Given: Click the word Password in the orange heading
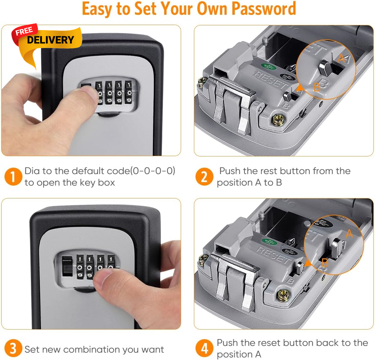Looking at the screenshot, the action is pos(264,9).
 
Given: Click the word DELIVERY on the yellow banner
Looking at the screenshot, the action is pos(51,40).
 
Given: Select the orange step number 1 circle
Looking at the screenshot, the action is pos(13,177).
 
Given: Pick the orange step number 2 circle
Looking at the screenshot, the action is pos(204,177).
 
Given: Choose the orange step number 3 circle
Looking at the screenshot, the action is pos(13,348).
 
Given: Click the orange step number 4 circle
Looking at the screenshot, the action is pos(204,348).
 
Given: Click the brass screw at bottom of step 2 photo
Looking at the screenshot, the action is pos(278,120).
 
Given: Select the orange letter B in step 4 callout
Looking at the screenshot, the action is pos(325,262).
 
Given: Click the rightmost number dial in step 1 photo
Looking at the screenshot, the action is pos(129,93).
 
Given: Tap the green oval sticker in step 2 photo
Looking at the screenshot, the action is pos(268,67).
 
